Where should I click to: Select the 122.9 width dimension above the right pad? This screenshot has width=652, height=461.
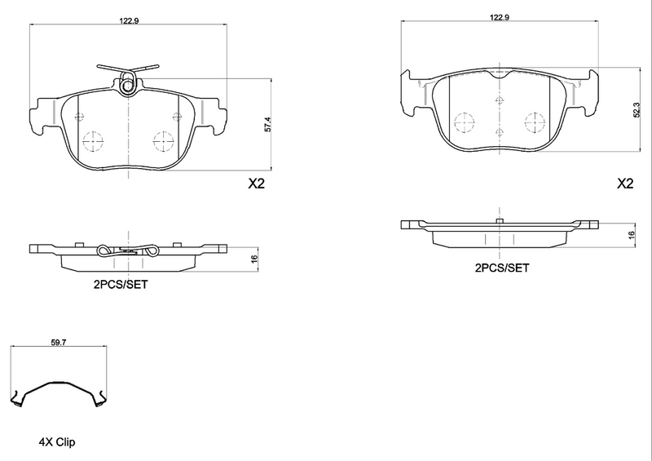tap(500, 16)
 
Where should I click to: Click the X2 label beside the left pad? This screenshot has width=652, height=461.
tap(257, 184)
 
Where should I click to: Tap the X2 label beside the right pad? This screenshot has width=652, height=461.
tap(625, 184)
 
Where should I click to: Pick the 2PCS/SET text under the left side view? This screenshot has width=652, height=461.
tap(120, 285)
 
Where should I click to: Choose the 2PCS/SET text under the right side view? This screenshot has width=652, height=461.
tap(502, 267)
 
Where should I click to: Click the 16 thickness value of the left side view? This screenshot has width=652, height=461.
tap(253, 259)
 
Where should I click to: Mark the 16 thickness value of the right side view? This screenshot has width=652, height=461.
tap(631, 234)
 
